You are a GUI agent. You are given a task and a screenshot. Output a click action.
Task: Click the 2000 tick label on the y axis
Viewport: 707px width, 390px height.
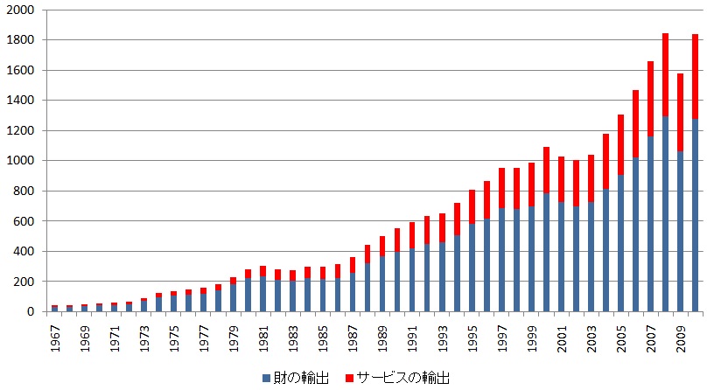click(20, 10)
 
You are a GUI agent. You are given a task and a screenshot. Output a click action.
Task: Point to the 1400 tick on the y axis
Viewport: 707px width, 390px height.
click(20, 101)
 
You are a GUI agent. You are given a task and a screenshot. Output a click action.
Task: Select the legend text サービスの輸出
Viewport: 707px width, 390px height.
click(398, 377)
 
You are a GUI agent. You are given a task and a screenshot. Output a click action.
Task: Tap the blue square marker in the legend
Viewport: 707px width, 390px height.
click(266, 377)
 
